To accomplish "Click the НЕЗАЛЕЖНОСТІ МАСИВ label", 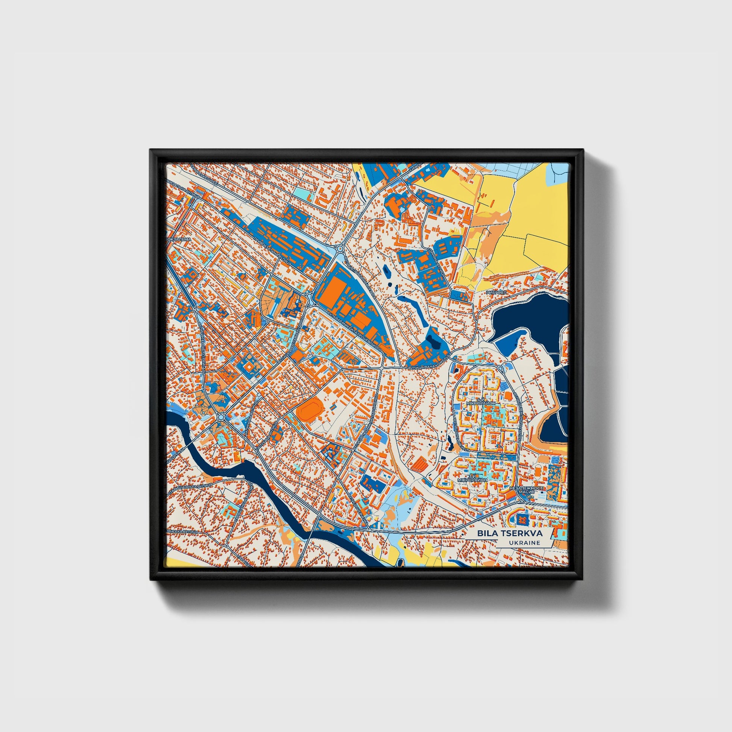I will [x=527, y=490].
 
